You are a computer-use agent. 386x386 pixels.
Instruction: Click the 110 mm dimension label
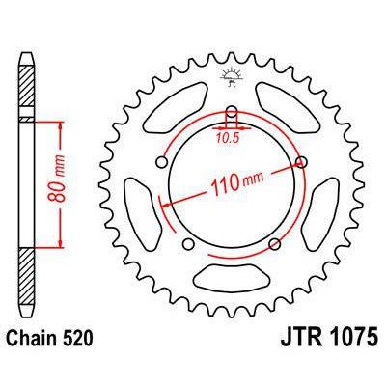pos(236,183)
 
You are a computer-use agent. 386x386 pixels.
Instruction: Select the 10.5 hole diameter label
pos(228,138)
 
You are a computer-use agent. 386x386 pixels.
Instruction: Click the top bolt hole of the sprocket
pos(232,113)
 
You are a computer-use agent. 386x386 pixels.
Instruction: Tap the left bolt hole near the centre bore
pos(161,163)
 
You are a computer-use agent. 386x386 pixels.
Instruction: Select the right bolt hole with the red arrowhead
pos(301,163)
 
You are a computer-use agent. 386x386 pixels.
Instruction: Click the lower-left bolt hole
pos(188,244)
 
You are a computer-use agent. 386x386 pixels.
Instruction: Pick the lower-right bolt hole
pos(274,244)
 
